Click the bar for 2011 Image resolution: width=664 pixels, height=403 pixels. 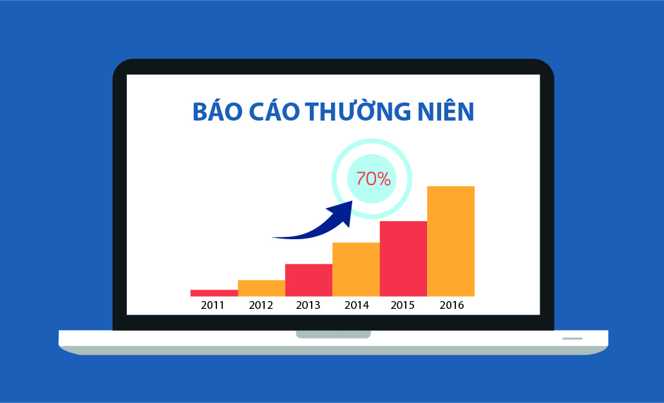point(214,293)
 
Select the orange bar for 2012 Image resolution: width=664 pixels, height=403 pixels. point(261,288)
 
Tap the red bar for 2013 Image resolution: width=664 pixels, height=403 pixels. point(308,280)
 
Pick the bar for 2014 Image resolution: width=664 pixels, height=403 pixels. point(356,270)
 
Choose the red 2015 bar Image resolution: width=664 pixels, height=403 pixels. point(404,259)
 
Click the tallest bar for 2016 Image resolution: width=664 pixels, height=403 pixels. point(451,241)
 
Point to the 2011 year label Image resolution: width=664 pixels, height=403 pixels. point(213,305)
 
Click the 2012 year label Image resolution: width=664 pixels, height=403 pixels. point(261,305)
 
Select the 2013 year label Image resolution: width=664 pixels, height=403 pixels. point(308,305)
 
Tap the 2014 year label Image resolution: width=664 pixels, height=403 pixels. point(357,305)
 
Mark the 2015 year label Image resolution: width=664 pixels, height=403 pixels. point(403,305)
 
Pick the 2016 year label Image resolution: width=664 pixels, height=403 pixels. point(452,305)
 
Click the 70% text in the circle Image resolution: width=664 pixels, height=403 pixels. point(373,179)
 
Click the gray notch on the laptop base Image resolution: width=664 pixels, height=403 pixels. point(333,335)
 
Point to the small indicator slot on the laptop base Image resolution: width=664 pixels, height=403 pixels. point(572,339)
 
